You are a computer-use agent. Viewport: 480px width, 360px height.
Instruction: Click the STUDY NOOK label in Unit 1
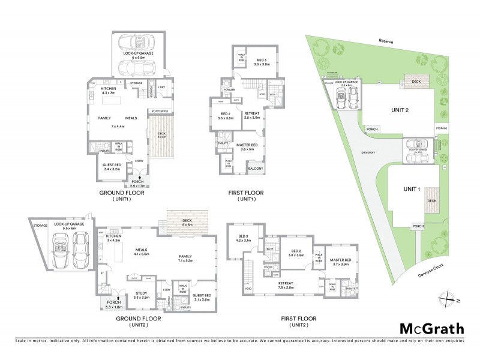coord(161,110)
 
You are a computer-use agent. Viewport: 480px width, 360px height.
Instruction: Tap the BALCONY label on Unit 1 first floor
coord(256,170)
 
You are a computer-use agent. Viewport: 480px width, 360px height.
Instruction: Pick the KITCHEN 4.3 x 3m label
coord(109,91)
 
